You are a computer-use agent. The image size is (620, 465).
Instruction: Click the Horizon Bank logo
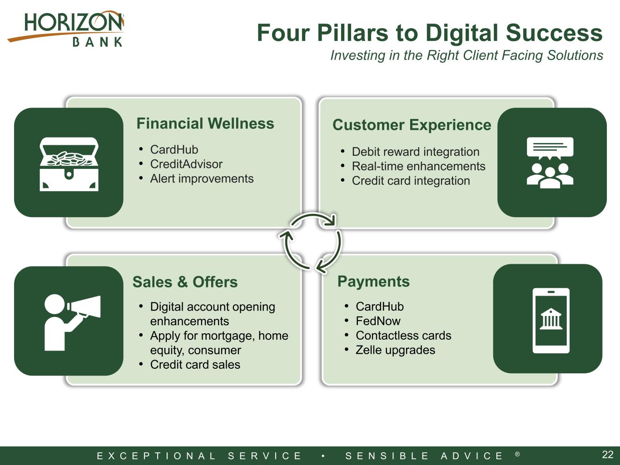(x=66, y=29)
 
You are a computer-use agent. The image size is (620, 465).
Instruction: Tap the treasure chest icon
(x=69, y=164)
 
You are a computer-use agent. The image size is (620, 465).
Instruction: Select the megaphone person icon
(x=72, y=322)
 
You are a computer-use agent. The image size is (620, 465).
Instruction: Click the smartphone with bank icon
(x=551, y=321)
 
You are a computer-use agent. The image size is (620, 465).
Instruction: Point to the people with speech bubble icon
(x=550, y=163)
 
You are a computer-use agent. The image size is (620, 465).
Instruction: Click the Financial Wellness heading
(x=205, y=124)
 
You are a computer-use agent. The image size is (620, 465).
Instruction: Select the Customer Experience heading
(x=412, y=125)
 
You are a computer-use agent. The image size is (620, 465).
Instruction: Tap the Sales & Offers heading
(x=185, y=282)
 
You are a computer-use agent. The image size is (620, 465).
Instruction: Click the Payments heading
(x=373, y=281)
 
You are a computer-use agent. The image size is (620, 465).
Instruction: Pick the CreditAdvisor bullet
(x=186, y=164)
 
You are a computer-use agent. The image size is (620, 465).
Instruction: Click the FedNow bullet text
(x=378, y=321)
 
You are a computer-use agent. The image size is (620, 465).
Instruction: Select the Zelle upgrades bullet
(x=395, y=350)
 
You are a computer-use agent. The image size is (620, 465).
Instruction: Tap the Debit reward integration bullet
(x=416, y=152)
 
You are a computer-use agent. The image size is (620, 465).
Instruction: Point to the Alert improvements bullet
(x=202, y=179)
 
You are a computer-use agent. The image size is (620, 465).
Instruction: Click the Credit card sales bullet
(x=195, y=365)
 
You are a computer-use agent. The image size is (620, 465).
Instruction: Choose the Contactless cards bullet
(x=403, y=336)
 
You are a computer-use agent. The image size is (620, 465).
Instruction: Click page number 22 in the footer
(x=608, y=455)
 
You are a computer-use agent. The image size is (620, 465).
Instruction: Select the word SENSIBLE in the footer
(x=387, y=455)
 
